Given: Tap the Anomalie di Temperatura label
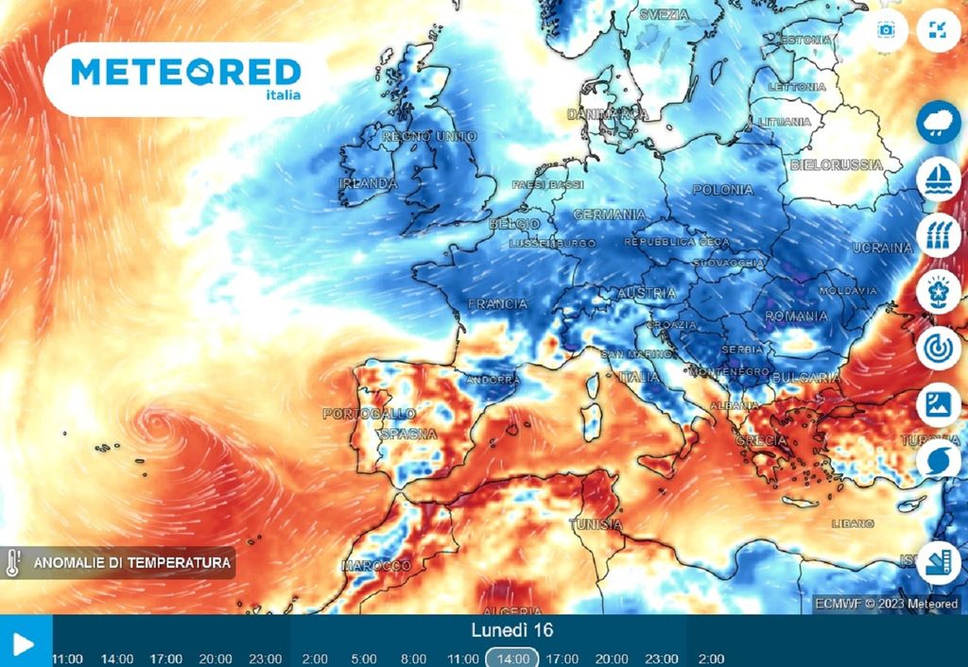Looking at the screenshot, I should [x=131, y=563].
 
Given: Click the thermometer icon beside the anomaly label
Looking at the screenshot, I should [x=12, y=563].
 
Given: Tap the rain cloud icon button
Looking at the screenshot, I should [x=939, y=122].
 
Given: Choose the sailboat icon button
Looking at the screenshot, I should [x=939, y=179].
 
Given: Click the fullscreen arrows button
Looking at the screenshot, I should [x=938, y=29].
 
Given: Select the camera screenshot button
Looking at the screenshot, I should [x=887, y=29].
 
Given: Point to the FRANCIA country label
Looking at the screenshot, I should [x=497, y=304].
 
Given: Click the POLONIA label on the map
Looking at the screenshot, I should [x=723, y=190].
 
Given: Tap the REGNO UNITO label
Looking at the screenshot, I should [x=429, y=137].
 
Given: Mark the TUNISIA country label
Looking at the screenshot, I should [x=596, y=523].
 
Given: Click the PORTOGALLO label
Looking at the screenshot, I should [x=369, y=414].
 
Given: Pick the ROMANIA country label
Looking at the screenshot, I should [x=796, y=316].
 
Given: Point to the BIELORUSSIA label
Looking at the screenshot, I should [x=837, y=165].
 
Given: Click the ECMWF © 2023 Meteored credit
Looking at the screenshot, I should [x=887, y=603].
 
